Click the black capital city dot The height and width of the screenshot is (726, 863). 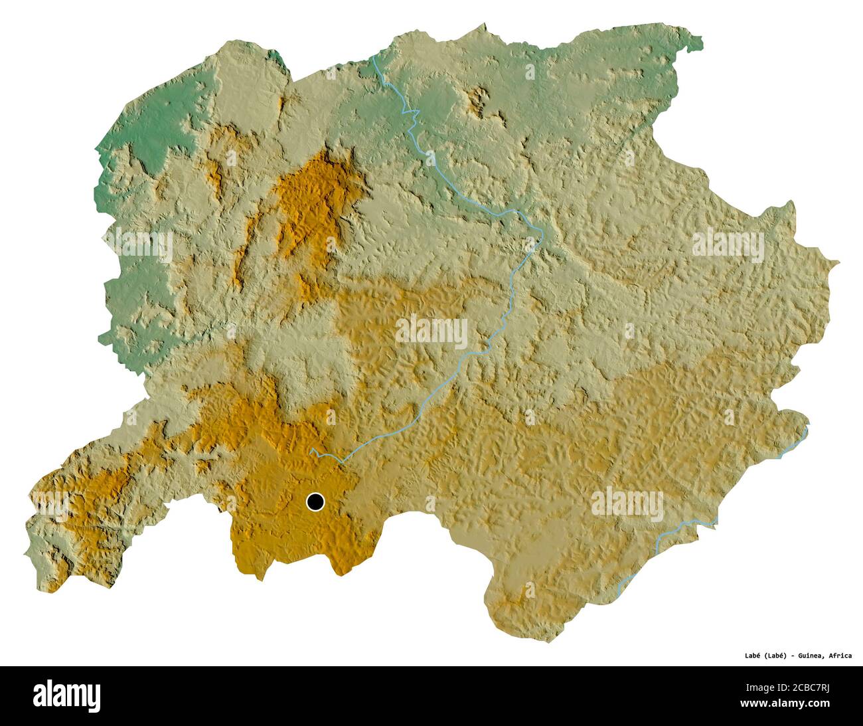[315, 502]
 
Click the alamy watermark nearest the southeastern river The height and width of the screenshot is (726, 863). [627, 502]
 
